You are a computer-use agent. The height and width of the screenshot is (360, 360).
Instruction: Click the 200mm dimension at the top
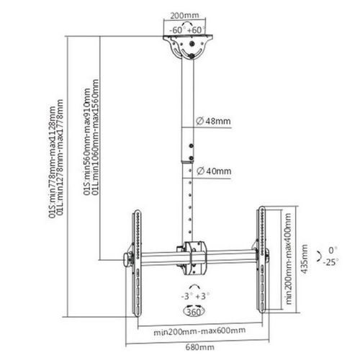(184, 15)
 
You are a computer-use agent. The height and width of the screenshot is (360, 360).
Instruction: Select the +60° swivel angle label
(197, 30)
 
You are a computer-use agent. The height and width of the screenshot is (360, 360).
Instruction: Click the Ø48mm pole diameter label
(213, 121)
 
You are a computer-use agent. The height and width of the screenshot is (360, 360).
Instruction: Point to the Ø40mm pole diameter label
(214, 171)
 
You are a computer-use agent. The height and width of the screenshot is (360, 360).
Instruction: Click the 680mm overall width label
(199, 347)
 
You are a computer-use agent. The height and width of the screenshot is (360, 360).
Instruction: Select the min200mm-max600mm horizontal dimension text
(199, 331)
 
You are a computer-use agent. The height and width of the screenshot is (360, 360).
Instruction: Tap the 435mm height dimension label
(305, 259)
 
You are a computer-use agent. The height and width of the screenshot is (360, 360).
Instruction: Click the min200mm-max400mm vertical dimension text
(289, 258)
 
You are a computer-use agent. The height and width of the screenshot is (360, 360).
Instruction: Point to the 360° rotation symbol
(194, 311)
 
